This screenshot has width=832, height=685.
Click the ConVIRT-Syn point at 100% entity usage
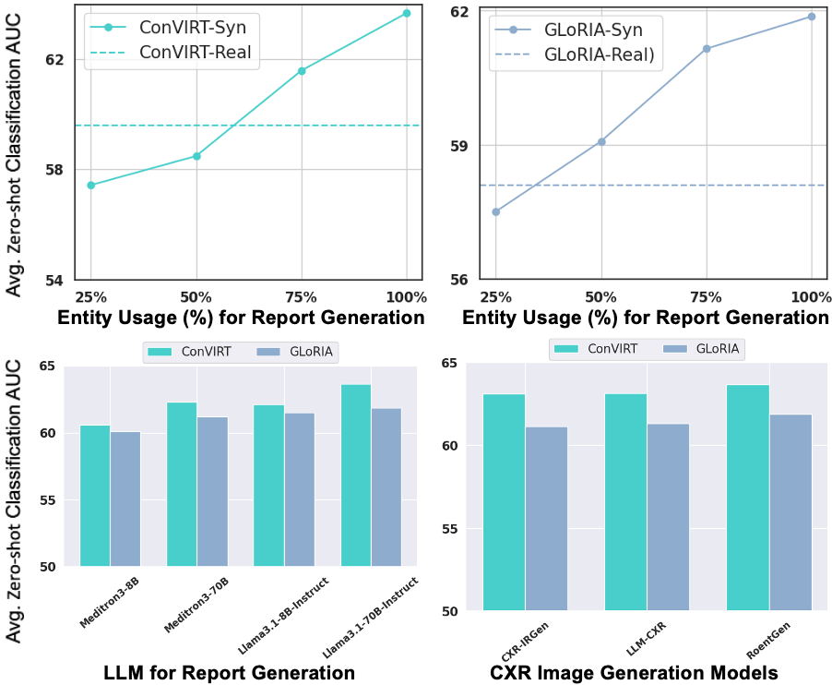(407, 13)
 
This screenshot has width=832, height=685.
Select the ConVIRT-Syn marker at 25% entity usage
(90, 186)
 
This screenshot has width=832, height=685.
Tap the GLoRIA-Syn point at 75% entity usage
(707, 48)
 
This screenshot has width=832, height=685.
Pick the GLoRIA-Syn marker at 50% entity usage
(601, 141)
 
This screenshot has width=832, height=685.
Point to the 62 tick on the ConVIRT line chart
(54, 60)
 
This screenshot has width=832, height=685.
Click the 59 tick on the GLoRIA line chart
(459, 146)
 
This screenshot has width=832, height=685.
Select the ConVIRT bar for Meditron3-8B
(95, 496)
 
